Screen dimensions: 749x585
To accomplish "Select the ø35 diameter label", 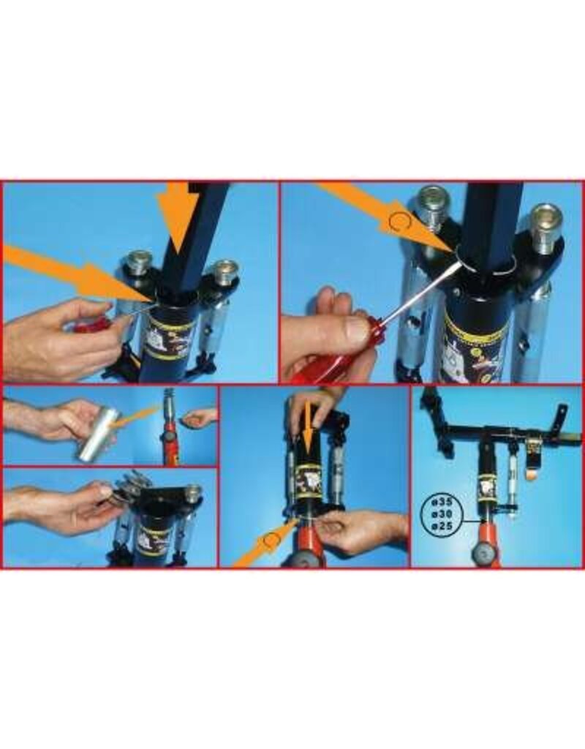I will coord(443,503).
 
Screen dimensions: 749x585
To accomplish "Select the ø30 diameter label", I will coord(443,514).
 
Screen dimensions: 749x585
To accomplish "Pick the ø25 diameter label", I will coord(443,525).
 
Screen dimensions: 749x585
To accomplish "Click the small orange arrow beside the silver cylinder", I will coord(139,424).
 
